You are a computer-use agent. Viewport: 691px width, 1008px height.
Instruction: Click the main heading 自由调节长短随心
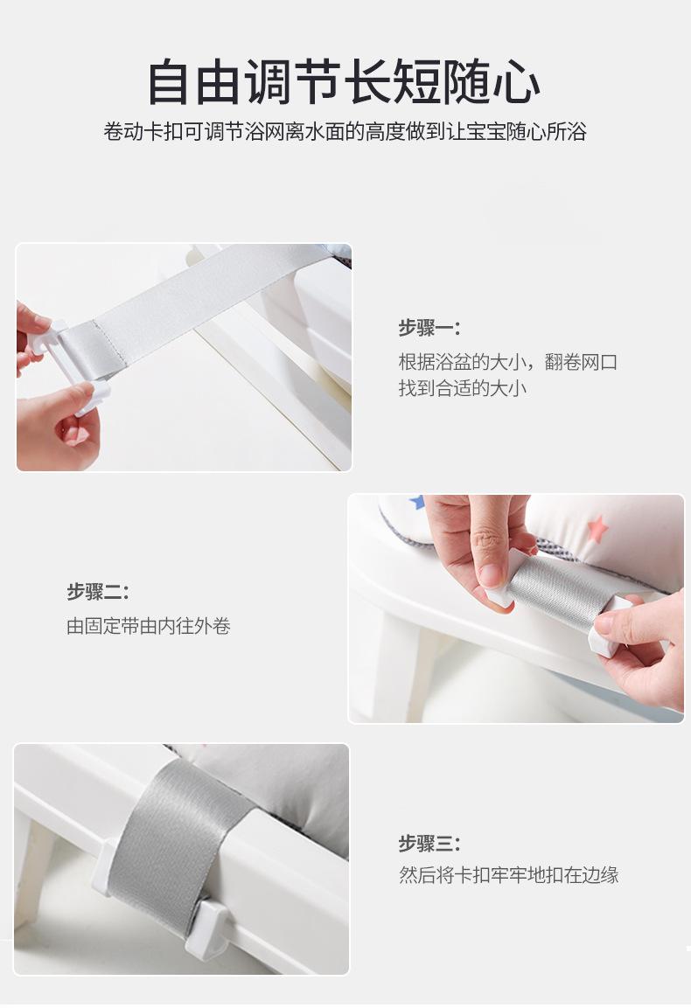344,83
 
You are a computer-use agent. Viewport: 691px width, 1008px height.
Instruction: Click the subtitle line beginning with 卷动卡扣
345,132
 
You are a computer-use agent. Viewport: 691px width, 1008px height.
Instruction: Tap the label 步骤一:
429,329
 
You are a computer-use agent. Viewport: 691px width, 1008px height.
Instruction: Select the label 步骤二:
98,592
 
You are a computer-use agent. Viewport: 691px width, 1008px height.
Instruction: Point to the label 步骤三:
429,844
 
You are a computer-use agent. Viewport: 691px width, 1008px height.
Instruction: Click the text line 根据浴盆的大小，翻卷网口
508,362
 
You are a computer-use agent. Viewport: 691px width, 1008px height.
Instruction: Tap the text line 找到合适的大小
463,388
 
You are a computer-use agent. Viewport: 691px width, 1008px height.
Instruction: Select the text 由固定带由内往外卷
149,626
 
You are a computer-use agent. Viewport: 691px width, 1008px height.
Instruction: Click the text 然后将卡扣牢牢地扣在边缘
508,875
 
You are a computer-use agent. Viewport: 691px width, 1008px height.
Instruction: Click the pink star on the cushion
597,528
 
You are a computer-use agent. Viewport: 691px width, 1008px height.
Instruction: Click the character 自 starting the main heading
170,83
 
